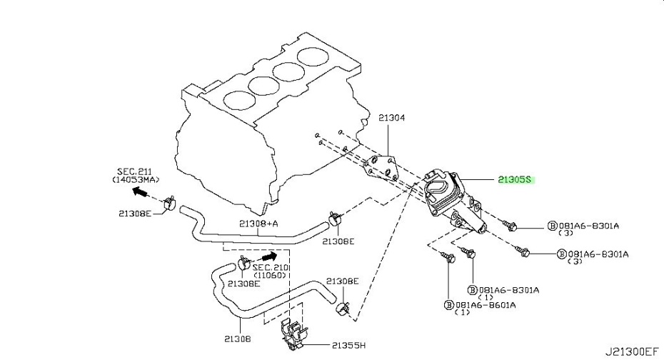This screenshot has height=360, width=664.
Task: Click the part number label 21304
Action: point(391,118)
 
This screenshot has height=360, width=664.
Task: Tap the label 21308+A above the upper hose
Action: point(258,224)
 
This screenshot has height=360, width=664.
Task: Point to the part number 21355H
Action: point(348,346)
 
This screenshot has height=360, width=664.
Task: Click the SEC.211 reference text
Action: point(134,171)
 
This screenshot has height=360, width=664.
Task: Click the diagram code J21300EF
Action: point(631,351)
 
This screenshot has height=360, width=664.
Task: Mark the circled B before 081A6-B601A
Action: point(449,305)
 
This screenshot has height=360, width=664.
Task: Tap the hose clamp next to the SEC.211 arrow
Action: point(169,203)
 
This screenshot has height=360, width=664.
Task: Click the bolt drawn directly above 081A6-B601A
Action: point(447,256)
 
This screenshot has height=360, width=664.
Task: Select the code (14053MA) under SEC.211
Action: point(136,180)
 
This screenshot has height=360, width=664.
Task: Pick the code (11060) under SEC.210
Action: point(271,275)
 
